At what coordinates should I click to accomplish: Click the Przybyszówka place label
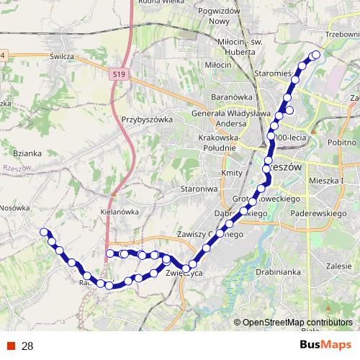click(x=145, y=120)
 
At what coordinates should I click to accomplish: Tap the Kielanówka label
click(x=119, y=212)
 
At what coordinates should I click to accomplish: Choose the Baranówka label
click(x=229, y=95)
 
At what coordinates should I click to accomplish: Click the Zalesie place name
click(x=338, y=265)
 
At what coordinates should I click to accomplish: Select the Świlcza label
click(x=63, y=55)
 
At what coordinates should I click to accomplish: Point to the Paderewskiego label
click(x=319, y=214)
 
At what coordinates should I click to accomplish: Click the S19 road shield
click(x=119, y=73)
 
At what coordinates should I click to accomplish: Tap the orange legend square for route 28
click(x=12, y=346)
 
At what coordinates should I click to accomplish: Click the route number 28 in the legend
click(x=27, y=346)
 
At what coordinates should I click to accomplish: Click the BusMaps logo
click(x=325, y=346)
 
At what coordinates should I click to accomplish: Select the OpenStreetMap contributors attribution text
click(x=297, y=323)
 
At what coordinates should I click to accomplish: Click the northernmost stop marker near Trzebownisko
click(x=316, y=54)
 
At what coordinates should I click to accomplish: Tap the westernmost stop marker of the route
click(x=44, y=232)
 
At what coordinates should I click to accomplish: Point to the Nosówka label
click(x=14, y=207)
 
